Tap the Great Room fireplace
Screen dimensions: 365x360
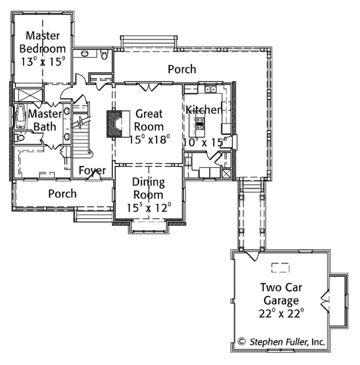[115, 124]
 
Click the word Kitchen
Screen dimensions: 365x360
[203, 110]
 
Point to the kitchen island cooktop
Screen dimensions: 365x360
[200, 125]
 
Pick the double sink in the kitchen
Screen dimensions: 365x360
[210, 90]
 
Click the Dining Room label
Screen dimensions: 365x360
[148, 188]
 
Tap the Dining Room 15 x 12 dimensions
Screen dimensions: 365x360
[149, 208]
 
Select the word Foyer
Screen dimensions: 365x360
[92, 171]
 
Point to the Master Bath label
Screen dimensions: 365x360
[44, 120]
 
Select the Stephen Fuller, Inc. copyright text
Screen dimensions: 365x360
[281, 342]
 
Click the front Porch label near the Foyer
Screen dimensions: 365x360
[62, 194]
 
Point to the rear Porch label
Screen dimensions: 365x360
[182, 69]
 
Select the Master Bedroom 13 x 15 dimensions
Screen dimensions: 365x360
[42, 61]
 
